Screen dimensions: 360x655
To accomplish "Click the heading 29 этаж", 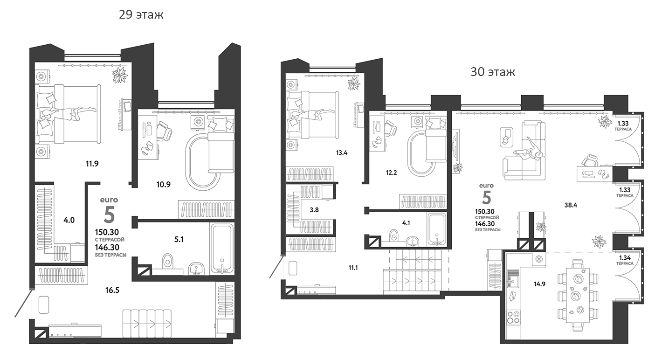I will [x=142, y=14].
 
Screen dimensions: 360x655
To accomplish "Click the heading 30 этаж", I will [x=492, y=72].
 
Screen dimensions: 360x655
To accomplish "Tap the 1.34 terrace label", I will [x=624, y=260].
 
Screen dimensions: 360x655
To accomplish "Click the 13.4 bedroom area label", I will [x=342, y=152].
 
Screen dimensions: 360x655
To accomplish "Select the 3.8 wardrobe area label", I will [x=314, y=210].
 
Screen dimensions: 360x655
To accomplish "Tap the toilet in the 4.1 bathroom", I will [x=393, y=235].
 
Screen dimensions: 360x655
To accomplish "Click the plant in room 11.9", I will [x=120, y=74].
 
